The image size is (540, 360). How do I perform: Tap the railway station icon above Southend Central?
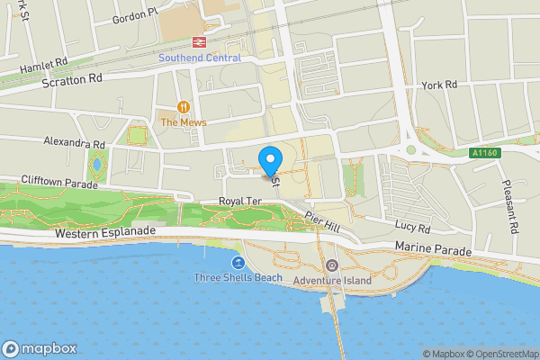tap(197, 42)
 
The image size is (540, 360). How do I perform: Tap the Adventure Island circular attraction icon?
tap(331, 265)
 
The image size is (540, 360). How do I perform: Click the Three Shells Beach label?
tap(238, 278)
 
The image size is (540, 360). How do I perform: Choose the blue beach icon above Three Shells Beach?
tap(238, 263)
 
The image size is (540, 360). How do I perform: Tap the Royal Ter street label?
tap(239, 202)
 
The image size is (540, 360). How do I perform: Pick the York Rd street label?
tap(439, 85)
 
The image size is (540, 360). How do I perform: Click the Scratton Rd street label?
tap(73, 79)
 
